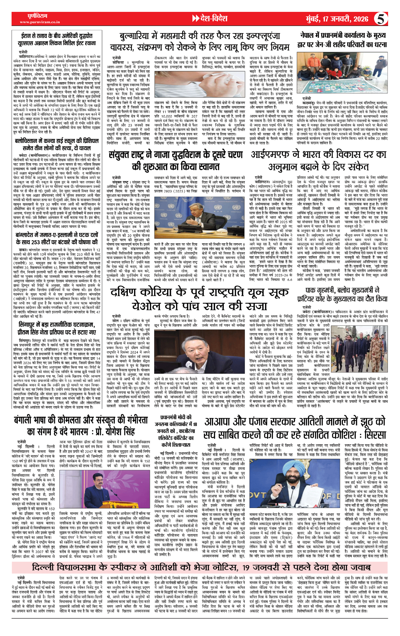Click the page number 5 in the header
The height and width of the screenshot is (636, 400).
(x=381, y=19)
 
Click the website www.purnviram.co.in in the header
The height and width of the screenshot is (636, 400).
(x=40, y=22)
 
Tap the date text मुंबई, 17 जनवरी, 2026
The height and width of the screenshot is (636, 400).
(x=337, y=19)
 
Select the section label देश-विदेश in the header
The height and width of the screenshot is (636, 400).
(x=213, y=19)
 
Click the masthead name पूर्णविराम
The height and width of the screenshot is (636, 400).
(x=37, y=16)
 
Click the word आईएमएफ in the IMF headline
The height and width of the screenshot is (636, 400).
(x=270, y=155)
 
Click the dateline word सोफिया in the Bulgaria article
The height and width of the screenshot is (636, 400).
(x=118, y=62)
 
